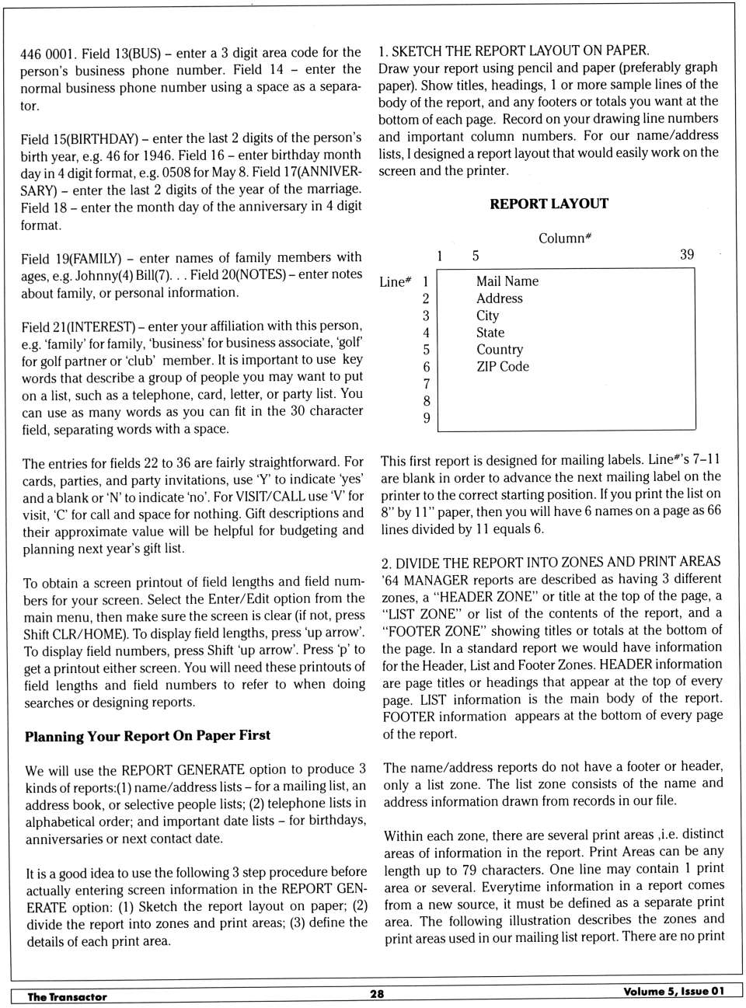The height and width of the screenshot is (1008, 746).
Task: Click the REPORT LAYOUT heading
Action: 549,204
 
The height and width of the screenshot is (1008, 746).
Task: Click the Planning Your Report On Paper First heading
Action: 148,735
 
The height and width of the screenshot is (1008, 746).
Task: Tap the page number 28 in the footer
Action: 377,993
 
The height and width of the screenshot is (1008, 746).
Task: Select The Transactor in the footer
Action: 67,996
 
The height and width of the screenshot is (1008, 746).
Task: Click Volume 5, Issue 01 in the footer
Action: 673,991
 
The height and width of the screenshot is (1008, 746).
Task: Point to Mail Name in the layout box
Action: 507,281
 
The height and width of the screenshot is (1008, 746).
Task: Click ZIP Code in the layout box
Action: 502,366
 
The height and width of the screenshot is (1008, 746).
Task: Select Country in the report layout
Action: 499,350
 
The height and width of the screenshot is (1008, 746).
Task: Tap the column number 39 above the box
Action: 687,254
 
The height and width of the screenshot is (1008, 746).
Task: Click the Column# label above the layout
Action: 565,238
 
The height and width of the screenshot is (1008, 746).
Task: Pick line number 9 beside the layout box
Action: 426,417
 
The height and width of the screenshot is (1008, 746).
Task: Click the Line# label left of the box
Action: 395,282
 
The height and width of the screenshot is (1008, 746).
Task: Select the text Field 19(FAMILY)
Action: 71,258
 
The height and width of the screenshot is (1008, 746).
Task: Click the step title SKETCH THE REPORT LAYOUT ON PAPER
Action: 520,51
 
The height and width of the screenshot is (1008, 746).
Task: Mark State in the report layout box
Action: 490,333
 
